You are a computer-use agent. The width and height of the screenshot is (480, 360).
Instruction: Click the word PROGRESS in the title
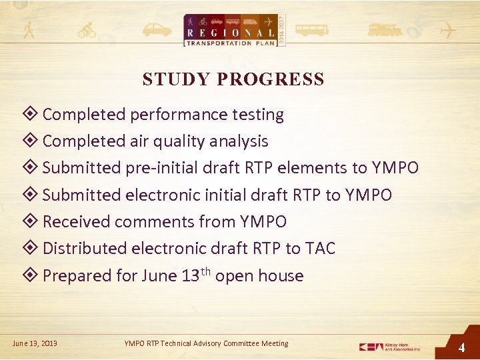click(271, 79)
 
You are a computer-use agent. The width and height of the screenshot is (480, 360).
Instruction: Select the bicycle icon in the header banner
click(87, 31)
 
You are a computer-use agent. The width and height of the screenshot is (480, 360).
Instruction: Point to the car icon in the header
click(157, 31)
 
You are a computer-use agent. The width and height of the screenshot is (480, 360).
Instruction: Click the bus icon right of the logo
click(311, 31)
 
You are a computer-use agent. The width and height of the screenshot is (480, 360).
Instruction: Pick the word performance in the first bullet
click(173, 115)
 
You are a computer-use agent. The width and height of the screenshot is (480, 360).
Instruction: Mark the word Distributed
click(84, 248)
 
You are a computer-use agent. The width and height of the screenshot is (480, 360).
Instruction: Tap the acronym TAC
click(320, 248)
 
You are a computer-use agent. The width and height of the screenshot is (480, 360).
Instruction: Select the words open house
click(259, 276)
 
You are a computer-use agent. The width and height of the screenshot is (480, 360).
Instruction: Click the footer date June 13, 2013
click(35, 343)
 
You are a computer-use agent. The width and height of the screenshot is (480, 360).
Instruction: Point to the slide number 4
click(461, 347)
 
